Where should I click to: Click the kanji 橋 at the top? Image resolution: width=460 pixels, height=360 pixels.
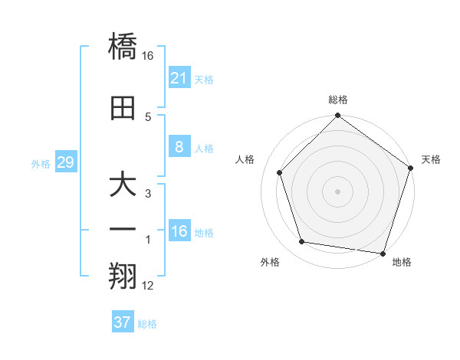click(123, 47)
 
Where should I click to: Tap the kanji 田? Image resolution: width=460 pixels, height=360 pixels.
click(123, 110)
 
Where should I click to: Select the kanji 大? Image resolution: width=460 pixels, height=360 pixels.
click(123, 187)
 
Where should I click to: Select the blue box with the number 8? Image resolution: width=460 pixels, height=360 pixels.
click(179, 147)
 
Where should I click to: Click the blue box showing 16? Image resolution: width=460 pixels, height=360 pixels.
click(179, 231)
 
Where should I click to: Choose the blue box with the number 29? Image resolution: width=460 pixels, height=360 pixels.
click(66, 163)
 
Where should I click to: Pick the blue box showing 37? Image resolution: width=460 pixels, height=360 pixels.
click(123, 322)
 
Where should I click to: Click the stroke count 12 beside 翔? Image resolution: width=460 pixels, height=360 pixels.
click(148, 286)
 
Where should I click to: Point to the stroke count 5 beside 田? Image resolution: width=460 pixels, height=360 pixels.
click(148, 116)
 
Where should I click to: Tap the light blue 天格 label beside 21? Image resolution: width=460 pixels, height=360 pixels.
click(204, 79)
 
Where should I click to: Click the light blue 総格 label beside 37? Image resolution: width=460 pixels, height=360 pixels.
click(147, 324)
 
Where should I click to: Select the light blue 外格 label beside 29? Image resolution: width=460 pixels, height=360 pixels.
click(41, 164)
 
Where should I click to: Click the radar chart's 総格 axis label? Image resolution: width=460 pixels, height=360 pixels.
click(338, 100)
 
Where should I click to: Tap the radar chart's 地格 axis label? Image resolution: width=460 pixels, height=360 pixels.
click(402, 262)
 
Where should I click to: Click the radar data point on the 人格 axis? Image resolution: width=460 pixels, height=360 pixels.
click(280, 173)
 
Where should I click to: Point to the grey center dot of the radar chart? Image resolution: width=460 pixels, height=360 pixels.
click(338, 191)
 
